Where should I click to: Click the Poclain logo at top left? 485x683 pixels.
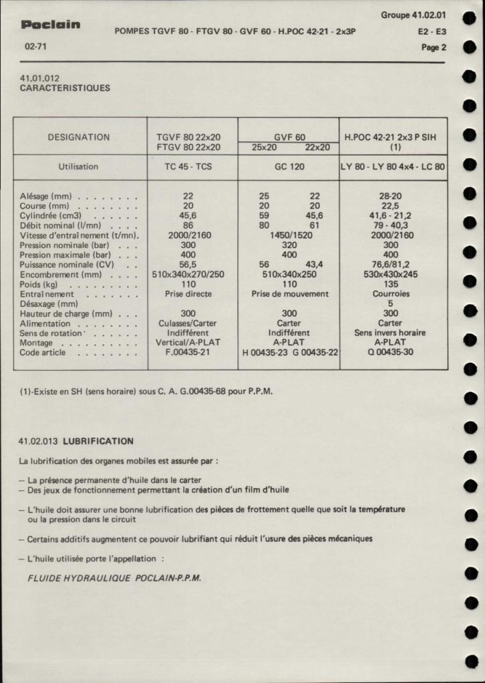tap(51, 25)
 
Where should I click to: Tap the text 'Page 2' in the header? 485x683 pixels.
tap(434, 47)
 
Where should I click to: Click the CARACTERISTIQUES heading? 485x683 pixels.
tap(65, 87)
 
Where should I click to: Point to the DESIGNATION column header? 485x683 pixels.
tap(79, 137)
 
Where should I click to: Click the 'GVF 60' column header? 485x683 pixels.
tap(289, 137)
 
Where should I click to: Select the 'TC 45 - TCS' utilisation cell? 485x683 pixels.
tap(188, 167)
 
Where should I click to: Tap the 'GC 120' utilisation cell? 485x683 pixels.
tap(289, 167)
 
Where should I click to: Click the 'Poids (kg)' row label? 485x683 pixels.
tap(37, 284)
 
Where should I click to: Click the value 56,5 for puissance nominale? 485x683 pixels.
tap(188, 265)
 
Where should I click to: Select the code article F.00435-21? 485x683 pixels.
tap(188, 352)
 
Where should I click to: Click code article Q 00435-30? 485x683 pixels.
tap(390, 352)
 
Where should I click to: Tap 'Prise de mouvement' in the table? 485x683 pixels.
tap(289, 293)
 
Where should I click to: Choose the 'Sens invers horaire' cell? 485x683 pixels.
tap(390, 333)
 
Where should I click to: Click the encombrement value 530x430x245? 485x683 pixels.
tap(390, 274)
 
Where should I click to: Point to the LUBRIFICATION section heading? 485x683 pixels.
tap(98, 441)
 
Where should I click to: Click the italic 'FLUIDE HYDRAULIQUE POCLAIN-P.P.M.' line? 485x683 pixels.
tap(114, 578)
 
